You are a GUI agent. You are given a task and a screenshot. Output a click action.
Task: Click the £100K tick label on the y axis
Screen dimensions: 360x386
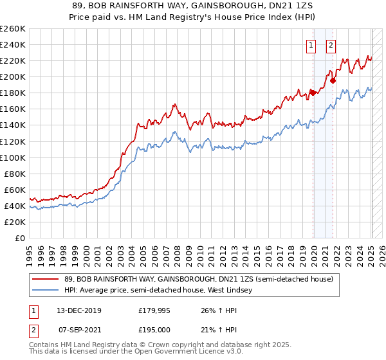click(13, 157)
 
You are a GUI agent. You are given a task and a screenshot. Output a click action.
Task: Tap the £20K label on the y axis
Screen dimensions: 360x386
click(15, 222)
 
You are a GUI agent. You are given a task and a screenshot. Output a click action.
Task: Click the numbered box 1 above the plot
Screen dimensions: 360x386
click(311, 45)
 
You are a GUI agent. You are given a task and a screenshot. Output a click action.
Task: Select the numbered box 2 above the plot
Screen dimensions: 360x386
click(331, 45)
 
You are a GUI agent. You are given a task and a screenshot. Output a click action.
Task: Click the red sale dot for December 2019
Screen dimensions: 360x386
click(313, 93)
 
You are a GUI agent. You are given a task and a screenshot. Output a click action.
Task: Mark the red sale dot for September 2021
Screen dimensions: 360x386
click(333, 81)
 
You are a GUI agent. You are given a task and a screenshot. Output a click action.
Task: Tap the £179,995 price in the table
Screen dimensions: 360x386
click(155, 310)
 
